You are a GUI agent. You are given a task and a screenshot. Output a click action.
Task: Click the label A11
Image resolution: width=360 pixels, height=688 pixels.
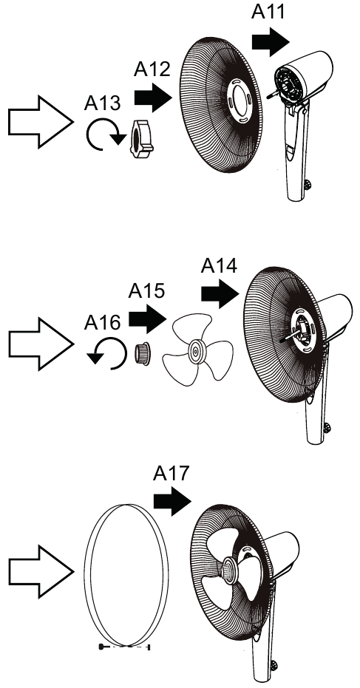[x=268, y=11]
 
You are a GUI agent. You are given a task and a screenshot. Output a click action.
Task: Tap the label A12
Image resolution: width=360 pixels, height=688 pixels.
[x=152, y=69]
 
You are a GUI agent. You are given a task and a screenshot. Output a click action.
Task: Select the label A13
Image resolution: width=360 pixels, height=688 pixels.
[x=102, y=103]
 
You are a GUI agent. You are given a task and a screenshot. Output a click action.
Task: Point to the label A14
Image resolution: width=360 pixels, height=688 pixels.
[x=219, y=265]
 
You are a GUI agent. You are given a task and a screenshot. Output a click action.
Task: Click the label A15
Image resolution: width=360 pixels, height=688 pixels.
[x=146, y=290]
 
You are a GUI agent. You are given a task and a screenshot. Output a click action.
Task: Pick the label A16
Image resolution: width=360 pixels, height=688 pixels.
[x=102, y=322]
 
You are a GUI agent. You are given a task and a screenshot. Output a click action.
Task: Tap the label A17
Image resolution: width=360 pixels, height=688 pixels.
[x=171, y=474]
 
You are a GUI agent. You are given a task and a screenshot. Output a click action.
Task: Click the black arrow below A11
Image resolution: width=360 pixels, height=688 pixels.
[x=271, y=42]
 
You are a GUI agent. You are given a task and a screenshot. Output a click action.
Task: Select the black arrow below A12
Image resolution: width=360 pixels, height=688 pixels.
[x=153, y=98]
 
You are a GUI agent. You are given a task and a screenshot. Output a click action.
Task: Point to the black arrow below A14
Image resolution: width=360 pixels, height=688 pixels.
[x=220, y=294]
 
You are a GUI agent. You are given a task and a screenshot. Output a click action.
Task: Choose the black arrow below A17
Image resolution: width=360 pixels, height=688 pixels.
[x=172, y=502]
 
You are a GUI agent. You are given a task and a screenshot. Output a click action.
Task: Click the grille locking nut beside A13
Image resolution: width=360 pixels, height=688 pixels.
[x=141, y=138]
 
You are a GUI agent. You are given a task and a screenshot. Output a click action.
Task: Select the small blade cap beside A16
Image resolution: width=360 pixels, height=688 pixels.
[x=142, y=354]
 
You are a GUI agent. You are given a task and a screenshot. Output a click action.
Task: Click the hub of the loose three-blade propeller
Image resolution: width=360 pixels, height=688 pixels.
[x=194, y=350]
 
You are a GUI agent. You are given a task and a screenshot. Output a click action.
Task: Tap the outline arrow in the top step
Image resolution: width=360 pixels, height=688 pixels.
[x=41, y=122]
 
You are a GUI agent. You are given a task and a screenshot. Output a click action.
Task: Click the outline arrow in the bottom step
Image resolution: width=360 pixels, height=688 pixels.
[x=41, y=571]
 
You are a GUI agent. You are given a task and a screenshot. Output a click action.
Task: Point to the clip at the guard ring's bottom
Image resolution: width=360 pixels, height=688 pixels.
[x=125, y=647]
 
